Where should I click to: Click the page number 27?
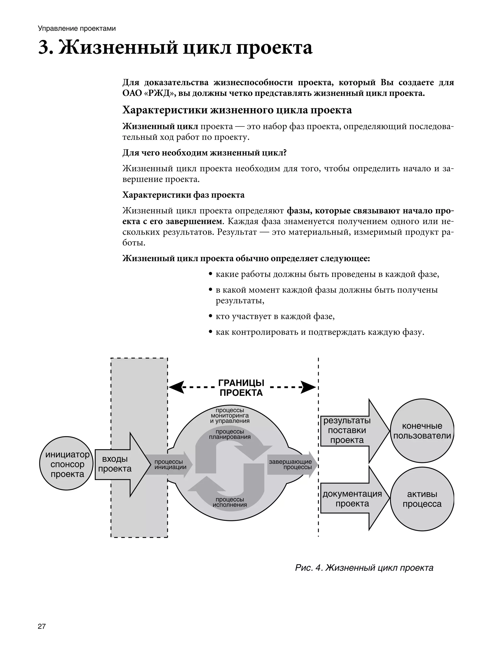tap(42, 626)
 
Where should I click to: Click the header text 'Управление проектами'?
tap(77, 28)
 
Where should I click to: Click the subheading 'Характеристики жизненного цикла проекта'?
tap(237, 110)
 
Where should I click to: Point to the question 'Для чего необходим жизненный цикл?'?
tap(204, 153)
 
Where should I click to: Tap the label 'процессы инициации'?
tap(170, 464)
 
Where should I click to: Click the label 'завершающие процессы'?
tap(291, 464)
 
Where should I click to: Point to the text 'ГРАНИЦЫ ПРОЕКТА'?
tap(241, 388)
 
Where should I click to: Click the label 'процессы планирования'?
tap(230, 434)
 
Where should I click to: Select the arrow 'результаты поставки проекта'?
tap(350, 430)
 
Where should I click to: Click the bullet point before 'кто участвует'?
tap(210, 316)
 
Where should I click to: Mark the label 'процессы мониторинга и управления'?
tap(230, 415)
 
